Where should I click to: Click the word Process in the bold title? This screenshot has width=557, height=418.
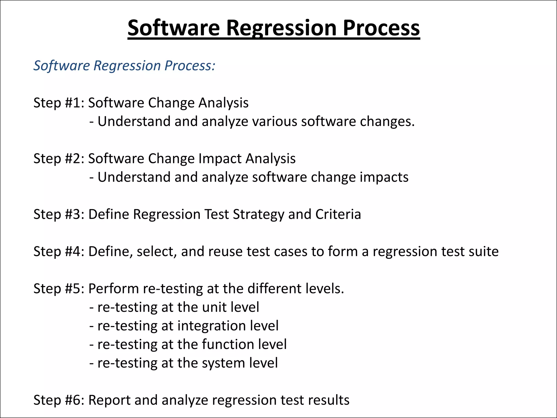[x=381, y=28]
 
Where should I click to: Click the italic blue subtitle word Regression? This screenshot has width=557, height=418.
[x=127, y=66]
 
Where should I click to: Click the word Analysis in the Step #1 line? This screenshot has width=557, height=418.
[x=223, y=103]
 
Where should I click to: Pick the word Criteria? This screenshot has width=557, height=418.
[x=338, y=214]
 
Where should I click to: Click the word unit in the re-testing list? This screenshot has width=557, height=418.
[x=214, y=307]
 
